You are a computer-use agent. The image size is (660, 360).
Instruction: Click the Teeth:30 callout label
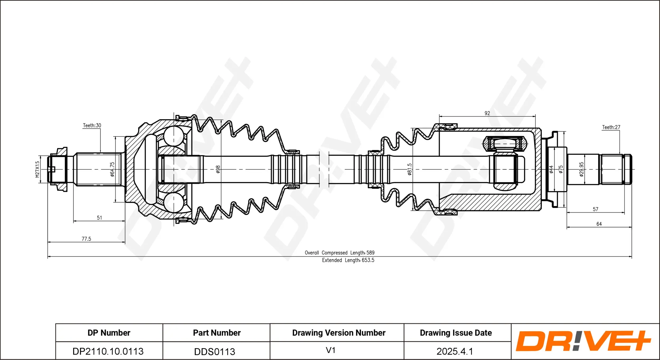tap(92, 125)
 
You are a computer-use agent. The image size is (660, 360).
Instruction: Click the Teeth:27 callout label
tap(611, 127)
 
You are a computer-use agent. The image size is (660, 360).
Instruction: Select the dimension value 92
tap(487, 113)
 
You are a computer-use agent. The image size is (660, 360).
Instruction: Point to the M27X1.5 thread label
tap(37, 169)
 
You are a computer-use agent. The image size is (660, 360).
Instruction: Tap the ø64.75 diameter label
tap(112, 169)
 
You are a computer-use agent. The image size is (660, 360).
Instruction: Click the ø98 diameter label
tap(218, 169)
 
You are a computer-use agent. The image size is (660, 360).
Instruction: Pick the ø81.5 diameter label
tap(409, 169)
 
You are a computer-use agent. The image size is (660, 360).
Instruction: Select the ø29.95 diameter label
tap(581, 169)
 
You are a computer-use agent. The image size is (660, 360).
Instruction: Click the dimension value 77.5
tap(86, 239)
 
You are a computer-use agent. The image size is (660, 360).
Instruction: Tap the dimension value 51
tap(99, 218)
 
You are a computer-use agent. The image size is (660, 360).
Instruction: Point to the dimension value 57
tap(595, 209)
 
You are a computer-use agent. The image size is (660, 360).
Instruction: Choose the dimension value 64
tap(599, 224)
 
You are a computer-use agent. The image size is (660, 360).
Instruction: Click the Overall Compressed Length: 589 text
tap(340, 253)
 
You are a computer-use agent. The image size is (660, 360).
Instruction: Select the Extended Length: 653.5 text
tap(348, 260)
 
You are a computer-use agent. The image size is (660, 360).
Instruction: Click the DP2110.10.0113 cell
tap(108, 351)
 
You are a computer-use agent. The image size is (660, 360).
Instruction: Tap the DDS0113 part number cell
tap(215, 352)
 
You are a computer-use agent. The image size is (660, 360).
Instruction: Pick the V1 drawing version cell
tap(331, 350)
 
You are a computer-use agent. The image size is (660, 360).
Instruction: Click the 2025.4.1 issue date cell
tap(455, 351)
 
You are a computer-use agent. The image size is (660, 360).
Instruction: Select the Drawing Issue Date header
tap(456, 333)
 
